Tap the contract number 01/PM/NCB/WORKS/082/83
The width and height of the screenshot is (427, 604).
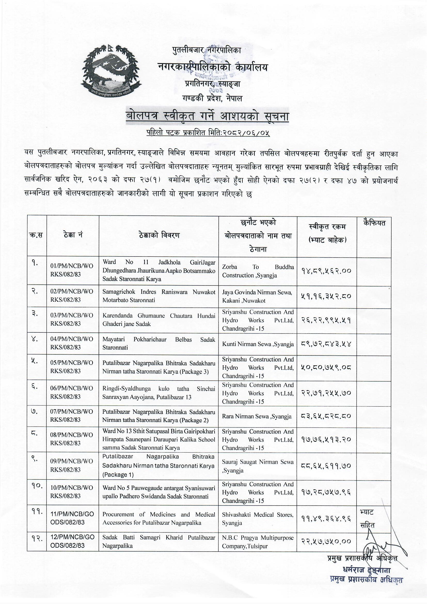[x=72, y=270]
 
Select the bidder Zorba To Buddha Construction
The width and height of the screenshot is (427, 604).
[x=258, y=271]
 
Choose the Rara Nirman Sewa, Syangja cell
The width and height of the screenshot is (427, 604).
[x=257, y=416]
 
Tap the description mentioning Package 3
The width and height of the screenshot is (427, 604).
[x=159, y=368]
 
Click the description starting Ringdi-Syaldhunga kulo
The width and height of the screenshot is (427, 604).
[x=159, y=393]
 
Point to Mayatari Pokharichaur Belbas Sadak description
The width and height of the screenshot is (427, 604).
[x=159, y=344]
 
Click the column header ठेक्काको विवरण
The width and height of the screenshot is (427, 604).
[x=159, y=235]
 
